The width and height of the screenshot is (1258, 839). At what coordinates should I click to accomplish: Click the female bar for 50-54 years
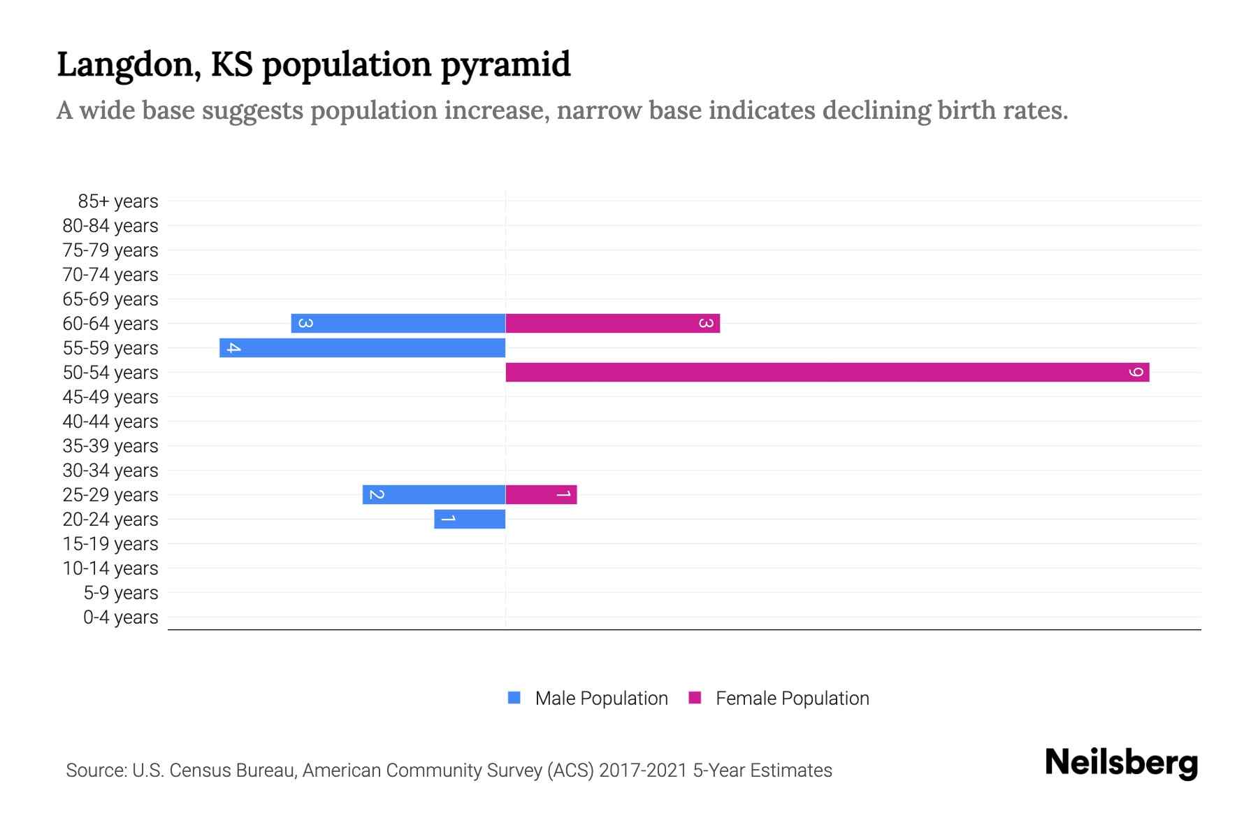[x=827, y=372]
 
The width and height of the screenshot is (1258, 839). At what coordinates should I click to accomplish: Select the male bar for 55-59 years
[x=362, y=347]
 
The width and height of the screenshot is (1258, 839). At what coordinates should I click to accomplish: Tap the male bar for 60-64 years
[x=398, y=323]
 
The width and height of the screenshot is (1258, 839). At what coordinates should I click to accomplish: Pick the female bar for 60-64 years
[x=612, y=323]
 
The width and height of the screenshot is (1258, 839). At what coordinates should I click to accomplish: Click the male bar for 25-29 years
[x=433, y=494]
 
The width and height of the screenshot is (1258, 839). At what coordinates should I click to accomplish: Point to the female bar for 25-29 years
[x=541, y=494]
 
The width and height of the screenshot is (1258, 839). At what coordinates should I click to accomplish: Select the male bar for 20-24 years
[x=470, y=519]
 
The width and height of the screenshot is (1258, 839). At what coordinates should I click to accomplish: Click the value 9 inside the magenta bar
[x=1136, y=372]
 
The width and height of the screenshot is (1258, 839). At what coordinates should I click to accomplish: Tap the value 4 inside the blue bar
[x=234, y=347]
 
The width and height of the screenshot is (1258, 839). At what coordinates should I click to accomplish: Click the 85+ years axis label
[x=117, y=201]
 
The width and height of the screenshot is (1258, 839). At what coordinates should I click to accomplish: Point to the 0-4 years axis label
[x=120, y=617]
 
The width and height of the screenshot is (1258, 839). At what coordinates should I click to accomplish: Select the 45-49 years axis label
[x=110, y=397]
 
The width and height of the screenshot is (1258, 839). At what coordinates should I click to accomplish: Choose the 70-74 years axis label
[x=110, y=275]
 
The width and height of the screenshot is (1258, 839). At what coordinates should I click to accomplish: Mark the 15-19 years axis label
[x=110, y=544]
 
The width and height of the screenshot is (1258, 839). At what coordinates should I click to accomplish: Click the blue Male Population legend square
[x=514, y=698]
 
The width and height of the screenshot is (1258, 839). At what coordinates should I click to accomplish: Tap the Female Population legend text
[x=792, y=698]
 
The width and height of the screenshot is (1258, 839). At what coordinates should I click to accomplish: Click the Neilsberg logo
[x=1121, y=763]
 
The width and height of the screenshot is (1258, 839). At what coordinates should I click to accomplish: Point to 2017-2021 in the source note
[x=643, y=770]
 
